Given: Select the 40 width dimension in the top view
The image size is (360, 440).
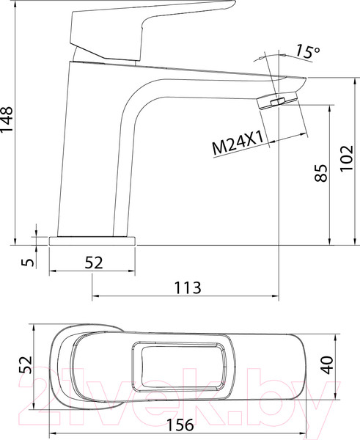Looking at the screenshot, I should [327, 364].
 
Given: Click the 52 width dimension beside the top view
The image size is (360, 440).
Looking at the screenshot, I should [24, 364].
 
